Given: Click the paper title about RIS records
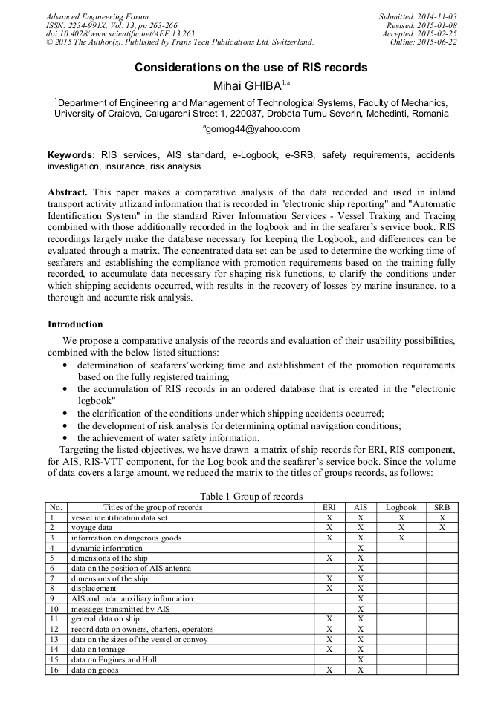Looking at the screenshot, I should click(x=251, y=67).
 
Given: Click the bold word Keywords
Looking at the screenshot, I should click(x=71, y=155).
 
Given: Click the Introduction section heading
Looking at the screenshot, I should click(x=75, y=324).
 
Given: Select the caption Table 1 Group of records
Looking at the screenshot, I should click(x=251, y=497).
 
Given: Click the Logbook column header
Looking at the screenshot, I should click(x=401, y=508).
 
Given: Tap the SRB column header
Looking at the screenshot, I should click(x=442, y=508).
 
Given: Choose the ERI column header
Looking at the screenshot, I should click(x=329, y=508).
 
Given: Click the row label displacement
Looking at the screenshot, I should click(x=94, y=588).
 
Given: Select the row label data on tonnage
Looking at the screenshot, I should click(x=98, y=649).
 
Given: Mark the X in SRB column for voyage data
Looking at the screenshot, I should click(x=442, y=527).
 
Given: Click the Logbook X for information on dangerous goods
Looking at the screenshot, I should click(x=401, y=538).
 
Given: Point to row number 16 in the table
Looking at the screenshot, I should click(x=53, y=669).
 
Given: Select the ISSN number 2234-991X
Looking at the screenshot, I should click(x=91, y=25).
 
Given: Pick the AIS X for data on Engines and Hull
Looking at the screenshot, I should click(x=360, y=659).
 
